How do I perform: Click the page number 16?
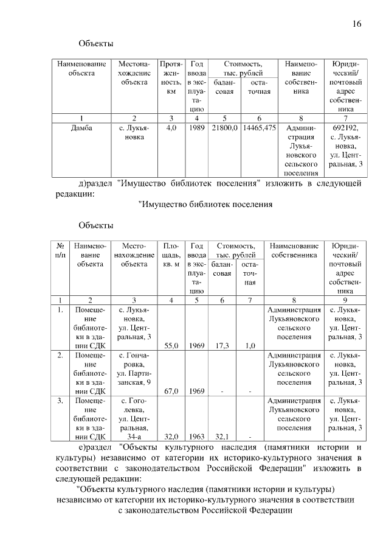point(357,24)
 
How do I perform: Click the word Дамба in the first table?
point(82,128)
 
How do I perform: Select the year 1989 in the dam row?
point(196,128)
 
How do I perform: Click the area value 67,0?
point(171,391)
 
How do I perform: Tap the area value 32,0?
point(171,437)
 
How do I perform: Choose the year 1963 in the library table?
point(196,437)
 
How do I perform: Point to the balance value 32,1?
point(222,437)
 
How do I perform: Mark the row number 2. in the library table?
point(61,354)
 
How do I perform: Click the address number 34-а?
point(134,437)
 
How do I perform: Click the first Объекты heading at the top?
point(96,44)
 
